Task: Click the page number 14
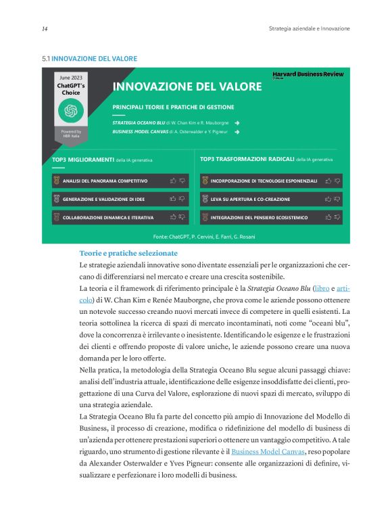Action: pos(45,29)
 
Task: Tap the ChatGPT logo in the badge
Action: pos(71,111)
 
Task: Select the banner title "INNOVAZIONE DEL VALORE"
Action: pos(187,87)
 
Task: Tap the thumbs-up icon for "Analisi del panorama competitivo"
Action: pos(173,181)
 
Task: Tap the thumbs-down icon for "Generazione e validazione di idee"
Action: pos(182,200)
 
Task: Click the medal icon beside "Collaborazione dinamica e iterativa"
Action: pos(56,218)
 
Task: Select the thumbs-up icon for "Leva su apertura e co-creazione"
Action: pos(328,200)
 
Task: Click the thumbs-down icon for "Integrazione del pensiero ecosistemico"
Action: pos(337,218)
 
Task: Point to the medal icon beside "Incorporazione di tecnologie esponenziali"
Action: pos(205,181)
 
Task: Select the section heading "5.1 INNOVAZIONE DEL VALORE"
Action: pos(90,59)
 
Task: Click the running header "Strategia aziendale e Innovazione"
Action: pos(309,29)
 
